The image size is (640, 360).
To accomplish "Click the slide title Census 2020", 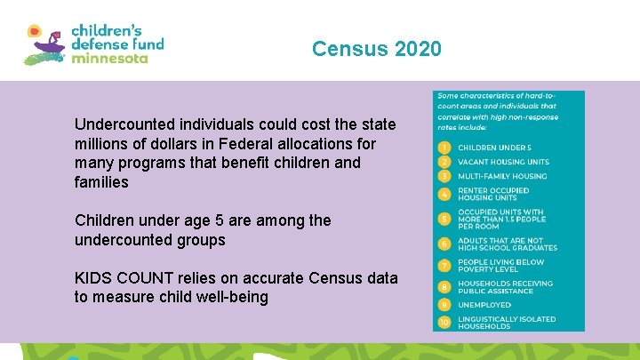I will (x=376, y=49).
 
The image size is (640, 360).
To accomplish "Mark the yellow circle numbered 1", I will (x=444, y=147).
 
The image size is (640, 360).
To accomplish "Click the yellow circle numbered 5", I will (x=444, y=218).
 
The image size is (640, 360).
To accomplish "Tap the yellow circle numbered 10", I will (x=444, y=322).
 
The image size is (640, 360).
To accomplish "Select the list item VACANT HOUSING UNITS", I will (x=503, y=162).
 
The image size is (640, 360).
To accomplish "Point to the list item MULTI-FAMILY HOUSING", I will (x=502, y=176).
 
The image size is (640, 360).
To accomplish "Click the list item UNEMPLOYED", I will (x=484, y=305).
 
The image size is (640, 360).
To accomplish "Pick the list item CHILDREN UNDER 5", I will (x=494, y=147).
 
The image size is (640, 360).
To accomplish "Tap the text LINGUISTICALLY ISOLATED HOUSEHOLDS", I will (x=507, y=322).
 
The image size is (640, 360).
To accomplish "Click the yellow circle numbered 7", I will (x=444, y=265).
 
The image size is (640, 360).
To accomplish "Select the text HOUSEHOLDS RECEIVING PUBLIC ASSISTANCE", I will (x=505, y=287).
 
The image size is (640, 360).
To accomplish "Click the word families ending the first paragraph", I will (x=101, y=182).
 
